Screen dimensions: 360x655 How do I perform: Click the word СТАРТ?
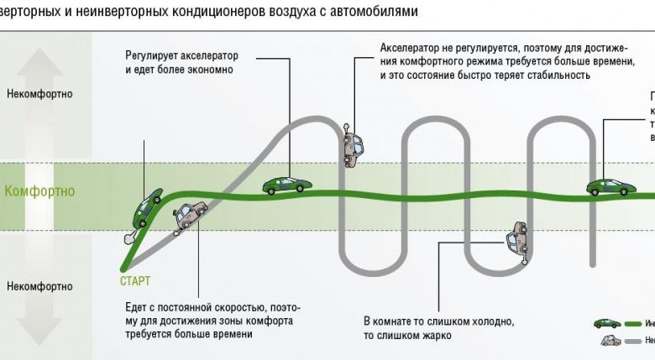point(135,281)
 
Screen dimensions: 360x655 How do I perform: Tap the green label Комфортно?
point(39,191)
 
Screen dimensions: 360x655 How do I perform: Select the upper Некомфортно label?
point(39,94)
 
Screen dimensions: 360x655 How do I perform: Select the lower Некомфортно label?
point(39,286)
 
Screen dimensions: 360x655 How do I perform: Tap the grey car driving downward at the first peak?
point(354,145)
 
